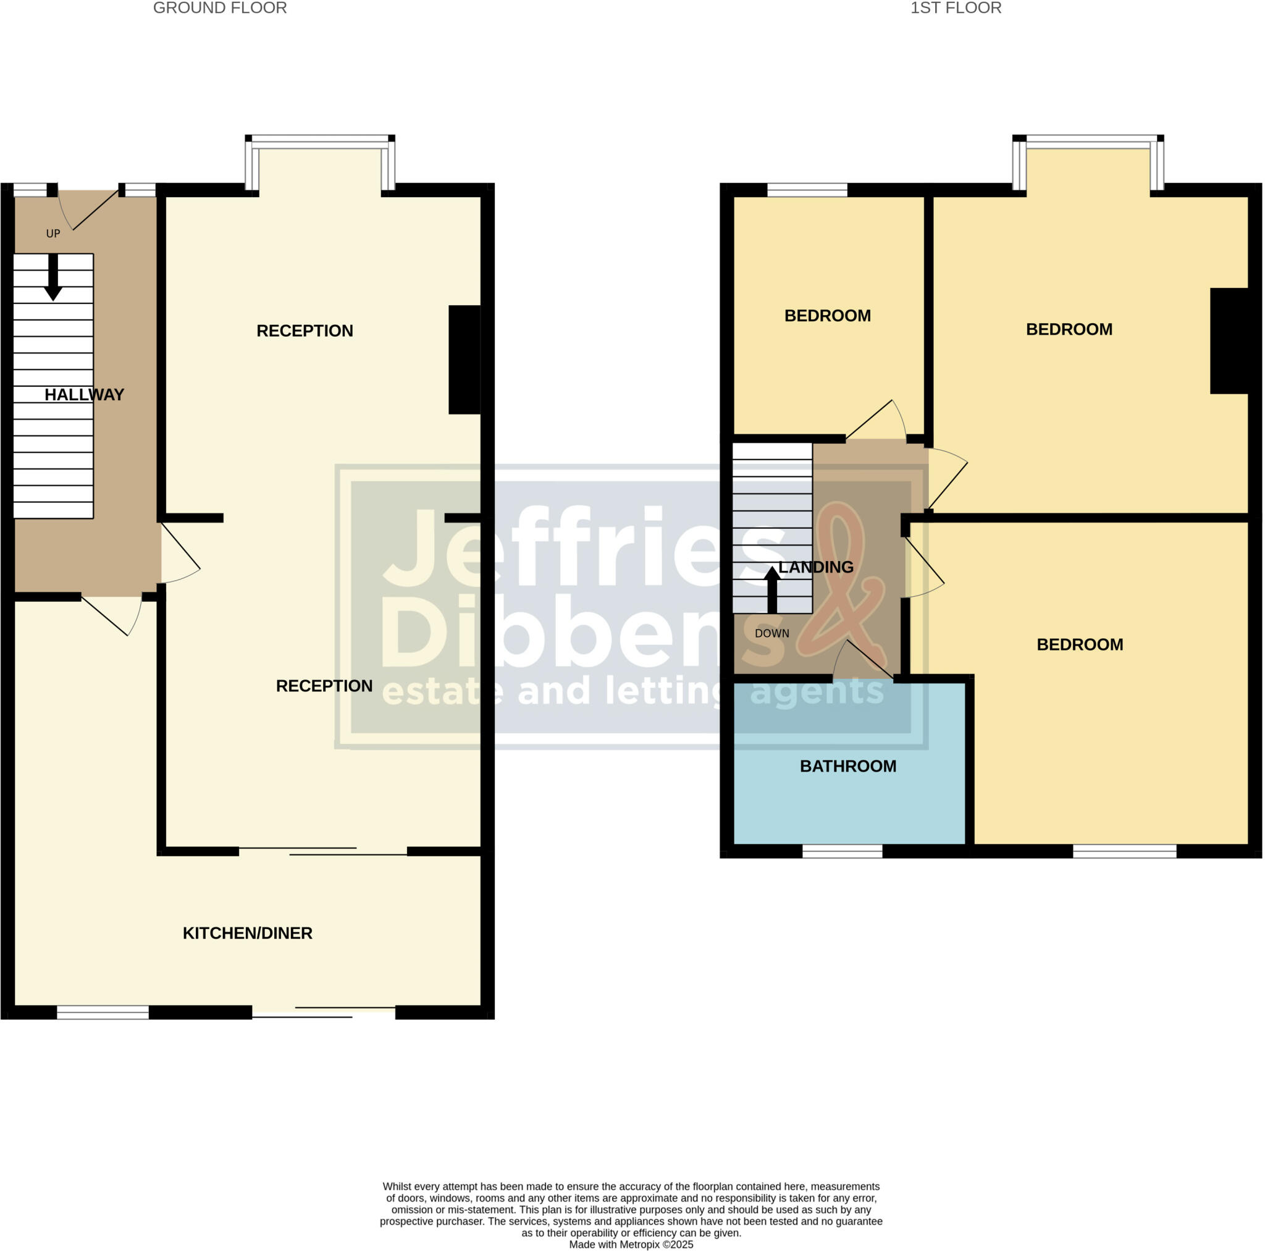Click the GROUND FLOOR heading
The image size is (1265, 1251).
219,9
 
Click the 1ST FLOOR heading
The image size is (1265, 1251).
956,9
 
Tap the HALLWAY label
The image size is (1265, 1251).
84,395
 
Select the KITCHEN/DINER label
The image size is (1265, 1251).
248,933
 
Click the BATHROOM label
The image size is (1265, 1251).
848,766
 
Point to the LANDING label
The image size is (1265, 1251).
816,567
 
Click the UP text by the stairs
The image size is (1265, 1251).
53,234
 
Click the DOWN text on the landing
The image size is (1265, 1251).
772,633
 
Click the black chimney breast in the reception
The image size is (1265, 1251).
465,360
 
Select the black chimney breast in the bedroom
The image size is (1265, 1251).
1229,341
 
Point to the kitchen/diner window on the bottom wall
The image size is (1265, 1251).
103,1012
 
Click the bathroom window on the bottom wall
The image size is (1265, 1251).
842,851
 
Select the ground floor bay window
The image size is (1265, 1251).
320,140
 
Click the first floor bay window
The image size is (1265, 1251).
1088,140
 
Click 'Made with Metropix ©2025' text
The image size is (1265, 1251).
631,1244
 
